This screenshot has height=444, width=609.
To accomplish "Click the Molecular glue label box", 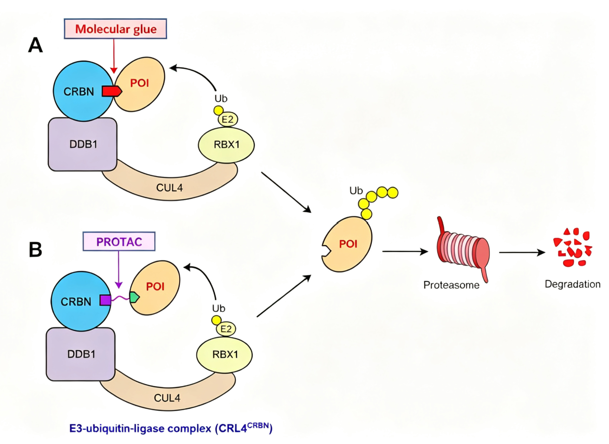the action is tap(115, 29).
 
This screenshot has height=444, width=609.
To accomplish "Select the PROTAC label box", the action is tap(119, 242).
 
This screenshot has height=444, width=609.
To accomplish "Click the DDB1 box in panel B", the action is tap(81, 354).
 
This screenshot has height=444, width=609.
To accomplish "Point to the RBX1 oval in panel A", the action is tap(226, 145).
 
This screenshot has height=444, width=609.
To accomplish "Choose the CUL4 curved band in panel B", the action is tap(167, 394).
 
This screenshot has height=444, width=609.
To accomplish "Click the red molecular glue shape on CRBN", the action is tap(112, 91).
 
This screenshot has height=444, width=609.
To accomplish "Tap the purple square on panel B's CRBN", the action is tap(105, 300).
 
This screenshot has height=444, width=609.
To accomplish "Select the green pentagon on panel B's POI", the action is tap(135, 297).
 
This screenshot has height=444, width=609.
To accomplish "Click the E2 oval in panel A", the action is tap(228, 119).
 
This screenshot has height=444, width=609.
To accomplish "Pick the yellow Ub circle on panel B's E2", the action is tap(216, 320).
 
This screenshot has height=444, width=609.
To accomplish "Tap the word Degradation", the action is tap(572, 284).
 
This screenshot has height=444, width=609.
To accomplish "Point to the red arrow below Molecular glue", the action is tap(114, 56).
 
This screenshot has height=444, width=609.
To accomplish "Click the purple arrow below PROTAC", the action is tap(118, 270).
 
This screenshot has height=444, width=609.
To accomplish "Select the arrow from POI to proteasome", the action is tap(405, 252).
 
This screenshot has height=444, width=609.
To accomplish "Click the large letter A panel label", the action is tap(35, 45).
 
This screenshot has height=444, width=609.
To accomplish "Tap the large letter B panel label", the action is tap(35, 249).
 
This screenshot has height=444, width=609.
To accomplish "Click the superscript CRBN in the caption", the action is tap(258, 425).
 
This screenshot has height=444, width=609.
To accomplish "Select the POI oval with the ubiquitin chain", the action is tap(347, 244).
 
